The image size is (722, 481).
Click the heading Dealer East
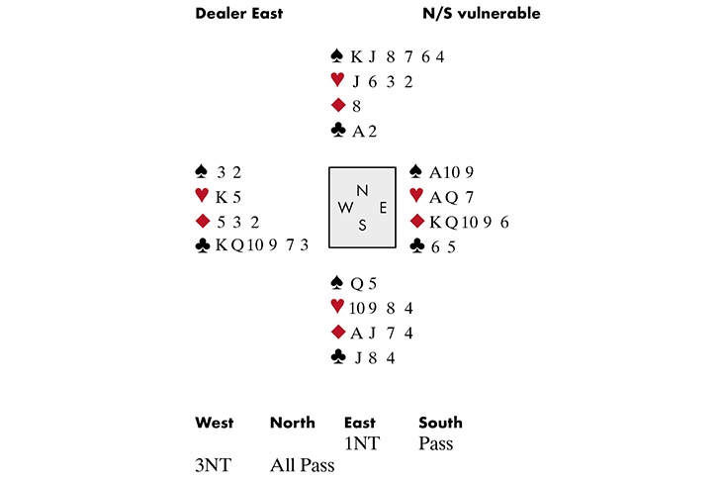pyautogui.click(x=238, y=14)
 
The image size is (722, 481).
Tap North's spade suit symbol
pyautogui.click(x=337, y=57)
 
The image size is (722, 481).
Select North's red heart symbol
pyautogui.click(x=337, y=81)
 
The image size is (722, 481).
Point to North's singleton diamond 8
pyautogui.click(x=356, y=106)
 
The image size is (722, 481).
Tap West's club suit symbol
pyautogui.click(x=203, y=244)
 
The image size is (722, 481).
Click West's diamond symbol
pyautogui.click(x=203, y=220)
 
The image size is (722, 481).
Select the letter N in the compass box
pyautogui.click(x=362, y=189)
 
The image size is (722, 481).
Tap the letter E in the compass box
pyautogui.click(x=381, y=207)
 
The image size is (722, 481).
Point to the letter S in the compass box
pyautogui.click(x=362, y=225)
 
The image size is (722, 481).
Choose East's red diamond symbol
pyautogui.click(x=416, y=221)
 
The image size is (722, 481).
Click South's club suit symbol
pyautogui.click(x=337, y=357)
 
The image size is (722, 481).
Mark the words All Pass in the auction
pyautogui.click(x=303, y=464)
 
